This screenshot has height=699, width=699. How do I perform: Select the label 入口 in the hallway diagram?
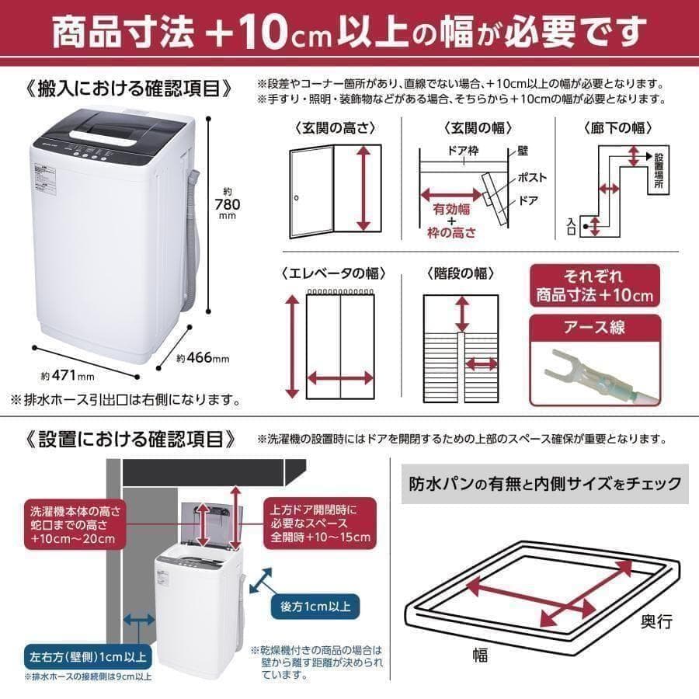[571, 225]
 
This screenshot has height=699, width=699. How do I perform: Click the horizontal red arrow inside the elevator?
[340, 378]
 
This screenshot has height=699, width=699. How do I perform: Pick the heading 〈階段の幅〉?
[460, 273]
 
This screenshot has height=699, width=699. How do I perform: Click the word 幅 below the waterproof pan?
[479, 655]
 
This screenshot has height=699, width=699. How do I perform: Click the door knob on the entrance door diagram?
[297, 199]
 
